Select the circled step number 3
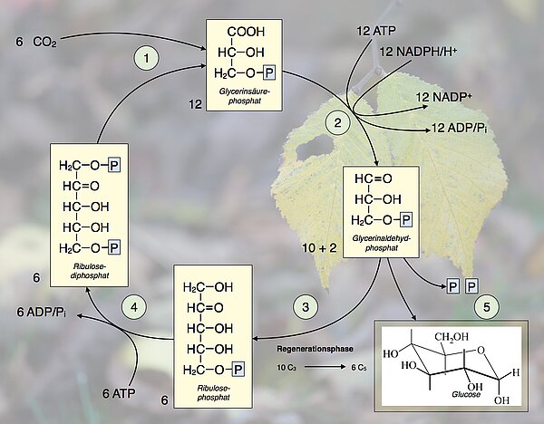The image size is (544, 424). pos(311,306)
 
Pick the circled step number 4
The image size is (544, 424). pos(135,306)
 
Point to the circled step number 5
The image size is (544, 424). pos(486,306)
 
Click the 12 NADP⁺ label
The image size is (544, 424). pos(442,97)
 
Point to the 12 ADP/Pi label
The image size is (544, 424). pos(461,130)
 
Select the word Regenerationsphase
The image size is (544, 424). pos(313,348)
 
